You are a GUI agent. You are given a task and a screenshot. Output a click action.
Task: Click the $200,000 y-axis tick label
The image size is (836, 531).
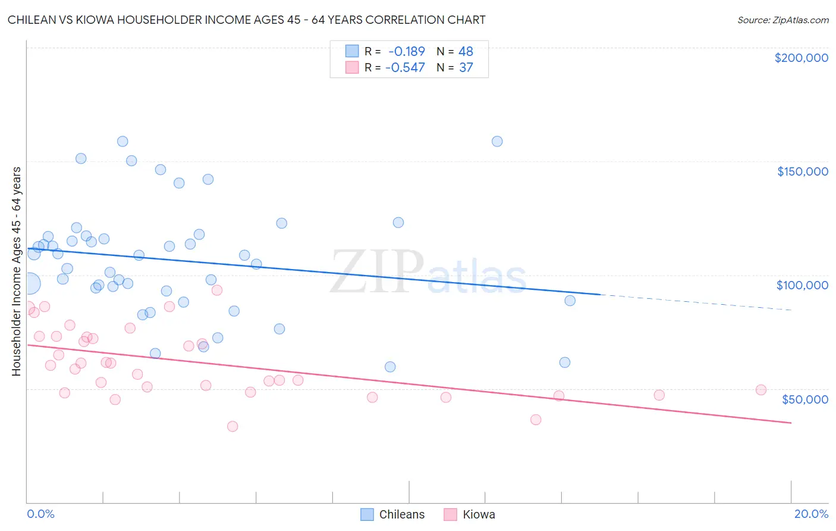801,58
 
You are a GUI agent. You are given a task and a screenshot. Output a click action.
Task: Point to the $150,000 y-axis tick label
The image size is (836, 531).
802,171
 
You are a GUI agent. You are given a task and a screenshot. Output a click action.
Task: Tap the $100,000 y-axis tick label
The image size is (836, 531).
802,285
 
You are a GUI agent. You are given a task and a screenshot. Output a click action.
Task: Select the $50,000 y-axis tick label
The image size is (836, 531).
804,399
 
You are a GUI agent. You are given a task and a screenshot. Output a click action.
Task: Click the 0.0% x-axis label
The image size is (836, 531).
40,514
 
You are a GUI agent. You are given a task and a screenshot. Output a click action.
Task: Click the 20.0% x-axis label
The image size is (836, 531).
811,514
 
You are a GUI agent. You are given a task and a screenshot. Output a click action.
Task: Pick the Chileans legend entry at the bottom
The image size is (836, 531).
393,514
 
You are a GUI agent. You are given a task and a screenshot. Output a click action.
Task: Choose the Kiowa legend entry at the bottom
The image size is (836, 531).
470,514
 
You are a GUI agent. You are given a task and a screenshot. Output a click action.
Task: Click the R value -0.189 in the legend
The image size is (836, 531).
406,52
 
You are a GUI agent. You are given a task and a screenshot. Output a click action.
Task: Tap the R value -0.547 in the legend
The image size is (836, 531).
405,68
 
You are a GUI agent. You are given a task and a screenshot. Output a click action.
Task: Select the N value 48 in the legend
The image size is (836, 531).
466,52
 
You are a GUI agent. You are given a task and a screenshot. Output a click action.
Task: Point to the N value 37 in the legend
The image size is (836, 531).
466,68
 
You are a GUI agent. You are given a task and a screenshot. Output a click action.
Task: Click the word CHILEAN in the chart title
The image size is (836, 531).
32,20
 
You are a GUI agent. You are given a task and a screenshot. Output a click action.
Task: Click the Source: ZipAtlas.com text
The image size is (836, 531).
782,20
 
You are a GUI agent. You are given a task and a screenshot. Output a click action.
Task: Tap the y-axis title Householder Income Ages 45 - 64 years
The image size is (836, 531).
16,271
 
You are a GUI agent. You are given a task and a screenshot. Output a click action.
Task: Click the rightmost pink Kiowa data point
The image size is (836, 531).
760,390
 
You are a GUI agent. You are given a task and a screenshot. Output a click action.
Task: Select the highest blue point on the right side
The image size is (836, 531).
497,141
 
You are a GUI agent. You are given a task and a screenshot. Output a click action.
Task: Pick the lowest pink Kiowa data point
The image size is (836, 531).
232,426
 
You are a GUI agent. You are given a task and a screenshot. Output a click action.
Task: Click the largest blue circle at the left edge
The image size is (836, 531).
29,283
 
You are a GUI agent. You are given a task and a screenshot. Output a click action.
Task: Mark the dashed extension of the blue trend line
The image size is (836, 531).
696,302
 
